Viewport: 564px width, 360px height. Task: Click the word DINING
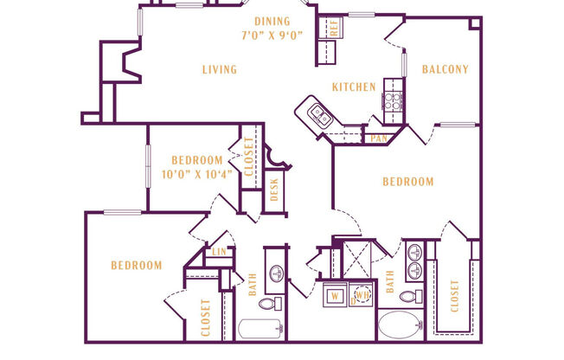[x=272, y=21]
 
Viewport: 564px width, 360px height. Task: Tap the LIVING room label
[x=220, y=70]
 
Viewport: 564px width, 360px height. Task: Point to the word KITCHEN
[x=355, y=87]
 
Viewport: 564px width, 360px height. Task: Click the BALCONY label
[x=445, y=70]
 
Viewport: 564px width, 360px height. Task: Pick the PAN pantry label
[x=379, y=137]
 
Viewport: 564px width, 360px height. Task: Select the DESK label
[x=274, y=189]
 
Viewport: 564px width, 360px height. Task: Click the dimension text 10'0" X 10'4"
[x=197, y=173]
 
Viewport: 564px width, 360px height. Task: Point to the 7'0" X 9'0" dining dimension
[x=272, y=35]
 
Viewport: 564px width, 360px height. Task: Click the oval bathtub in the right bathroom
[x=401, y=328]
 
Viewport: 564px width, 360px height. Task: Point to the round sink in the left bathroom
[x=276, y=273]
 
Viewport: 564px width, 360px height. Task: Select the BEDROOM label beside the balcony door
[x=407, y=182]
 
